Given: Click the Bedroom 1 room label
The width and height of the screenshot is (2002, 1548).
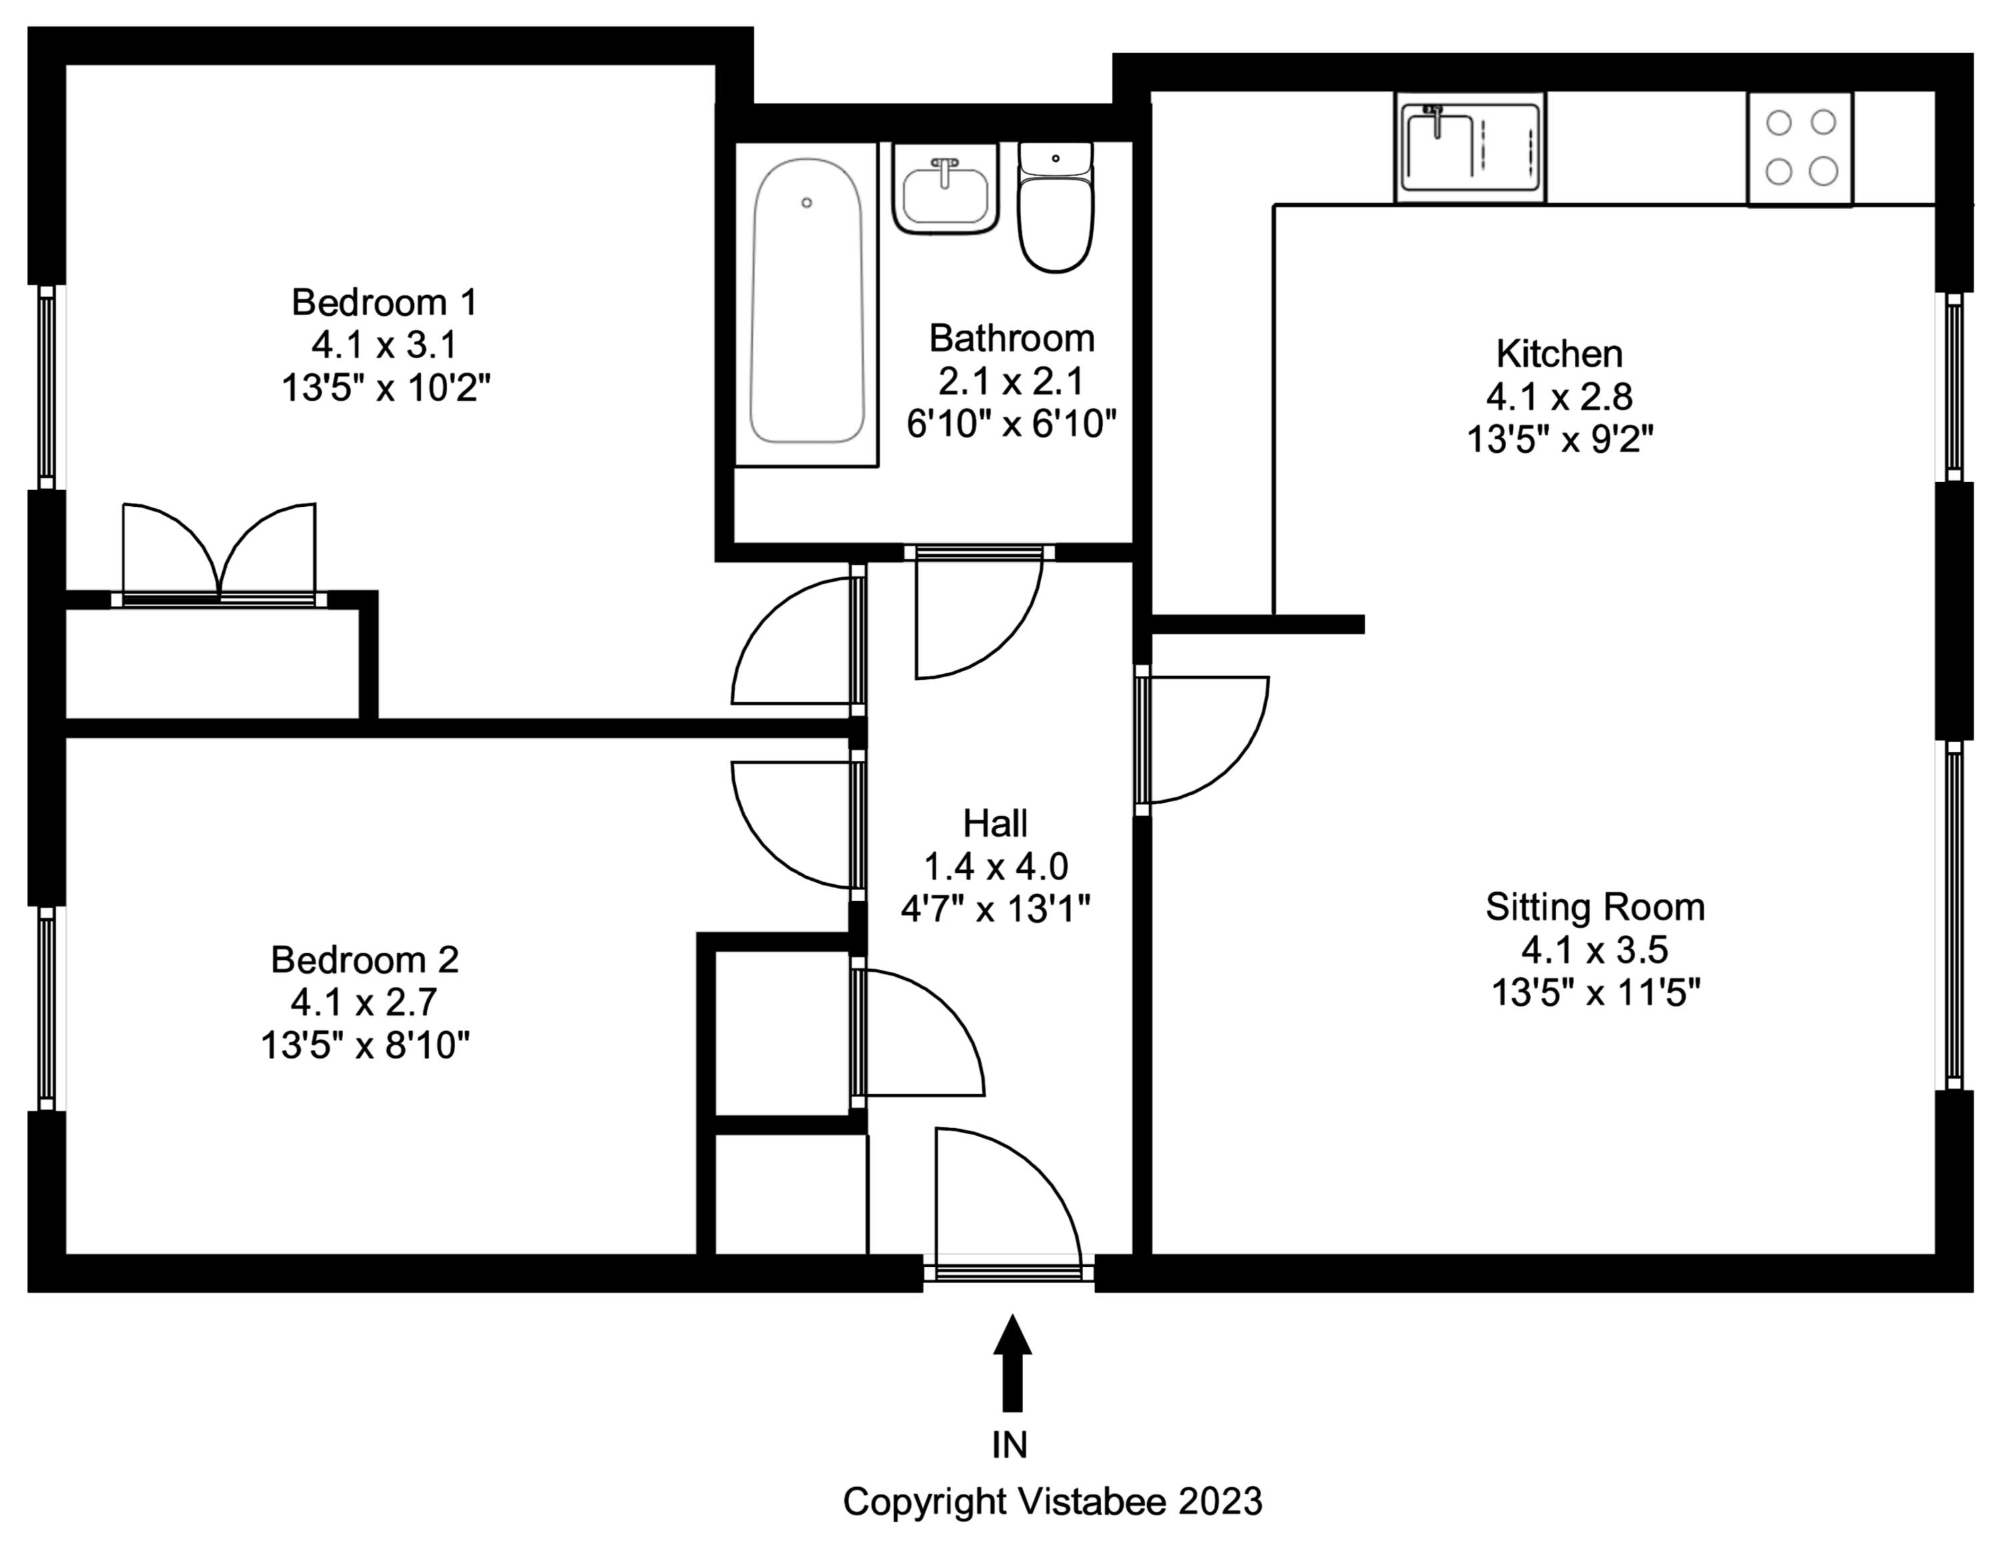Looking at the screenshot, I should [384, 302].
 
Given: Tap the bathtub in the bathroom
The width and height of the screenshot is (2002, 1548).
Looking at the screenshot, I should [807, 303].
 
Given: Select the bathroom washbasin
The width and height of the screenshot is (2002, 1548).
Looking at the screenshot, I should [945, 190].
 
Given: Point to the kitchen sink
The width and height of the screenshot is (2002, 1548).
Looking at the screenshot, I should [1469, 147].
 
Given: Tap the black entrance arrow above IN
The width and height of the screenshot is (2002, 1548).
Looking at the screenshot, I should [1012, 1363].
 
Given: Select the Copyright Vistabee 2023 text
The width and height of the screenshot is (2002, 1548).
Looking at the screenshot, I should [1052, 1502].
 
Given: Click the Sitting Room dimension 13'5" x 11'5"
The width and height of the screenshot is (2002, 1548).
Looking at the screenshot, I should [1596, 992].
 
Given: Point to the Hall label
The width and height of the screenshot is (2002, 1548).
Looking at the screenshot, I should [994, 823].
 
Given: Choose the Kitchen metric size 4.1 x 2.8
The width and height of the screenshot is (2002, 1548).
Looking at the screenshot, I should [1560, 396].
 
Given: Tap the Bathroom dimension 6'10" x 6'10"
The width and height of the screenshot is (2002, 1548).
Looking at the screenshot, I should [1011, 425].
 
